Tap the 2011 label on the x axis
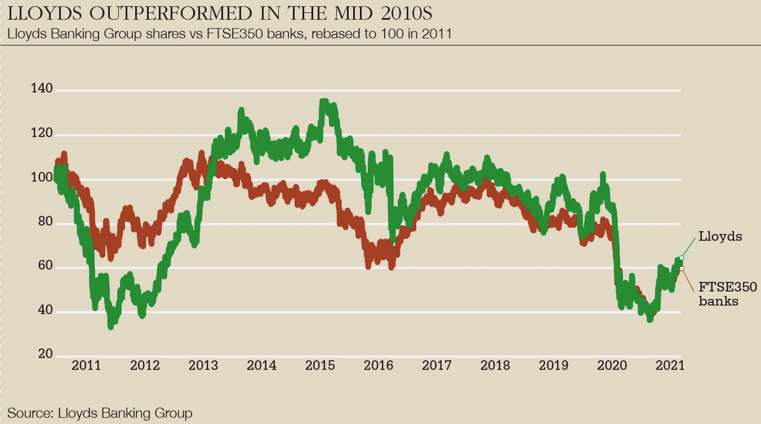point(86,365)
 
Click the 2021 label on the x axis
point(670,365)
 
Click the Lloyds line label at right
point(720,237)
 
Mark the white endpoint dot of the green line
point(682,258)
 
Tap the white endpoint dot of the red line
point(682,268)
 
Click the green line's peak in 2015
point(323,102)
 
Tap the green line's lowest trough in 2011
point(111,326)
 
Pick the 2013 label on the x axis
point(203,365)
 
